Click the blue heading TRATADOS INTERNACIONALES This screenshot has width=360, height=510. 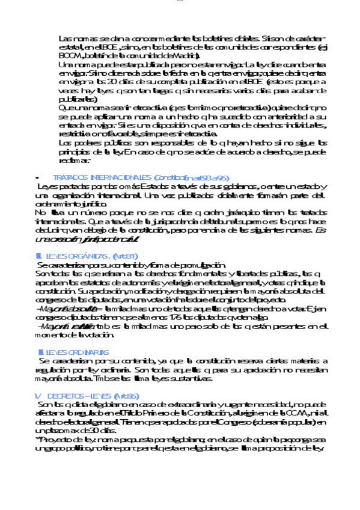pyautogui.click(x=102, y=178)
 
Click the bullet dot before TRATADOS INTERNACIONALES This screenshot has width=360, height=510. pyautogui.click(x=38, y=179)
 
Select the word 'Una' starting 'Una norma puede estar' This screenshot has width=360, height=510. pyautogui.click(x=66, y=64)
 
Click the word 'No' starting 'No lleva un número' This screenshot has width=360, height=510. pyautogui.click(x=40, y=212)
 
